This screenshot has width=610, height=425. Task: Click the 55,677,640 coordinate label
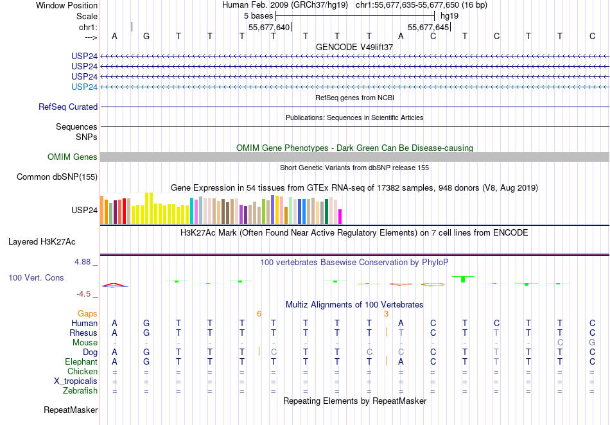coord(269,27)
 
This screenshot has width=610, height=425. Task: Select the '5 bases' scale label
coord(257,15)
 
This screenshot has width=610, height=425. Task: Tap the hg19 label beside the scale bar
coord(449,15)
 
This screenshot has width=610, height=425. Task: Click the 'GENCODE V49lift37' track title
coord(354,47)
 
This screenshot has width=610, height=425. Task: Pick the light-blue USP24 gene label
coord(85,87)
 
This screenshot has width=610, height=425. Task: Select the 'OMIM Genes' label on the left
coord(73,157)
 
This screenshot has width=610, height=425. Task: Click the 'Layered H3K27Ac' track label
coord(42,242)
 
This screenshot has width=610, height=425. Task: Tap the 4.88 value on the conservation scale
coord(83,262)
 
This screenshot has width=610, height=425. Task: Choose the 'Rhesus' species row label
coord(83,333)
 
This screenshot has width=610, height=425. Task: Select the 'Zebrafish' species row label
coord(80,390)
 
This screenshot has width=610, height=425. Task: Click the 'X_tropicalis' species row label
coord(76,381)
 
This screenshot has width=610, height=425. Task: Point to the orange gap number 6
coord(259,313)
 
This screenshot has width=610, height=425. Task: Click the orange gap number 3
coord(386,313)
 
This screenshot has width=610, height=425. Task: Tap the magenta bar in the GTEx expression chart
coord(340,216)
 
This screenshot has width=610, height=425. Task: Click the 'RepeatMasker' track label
coord(71,410)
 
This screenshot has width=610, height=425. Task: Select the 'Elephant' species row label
coord(81,362)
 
